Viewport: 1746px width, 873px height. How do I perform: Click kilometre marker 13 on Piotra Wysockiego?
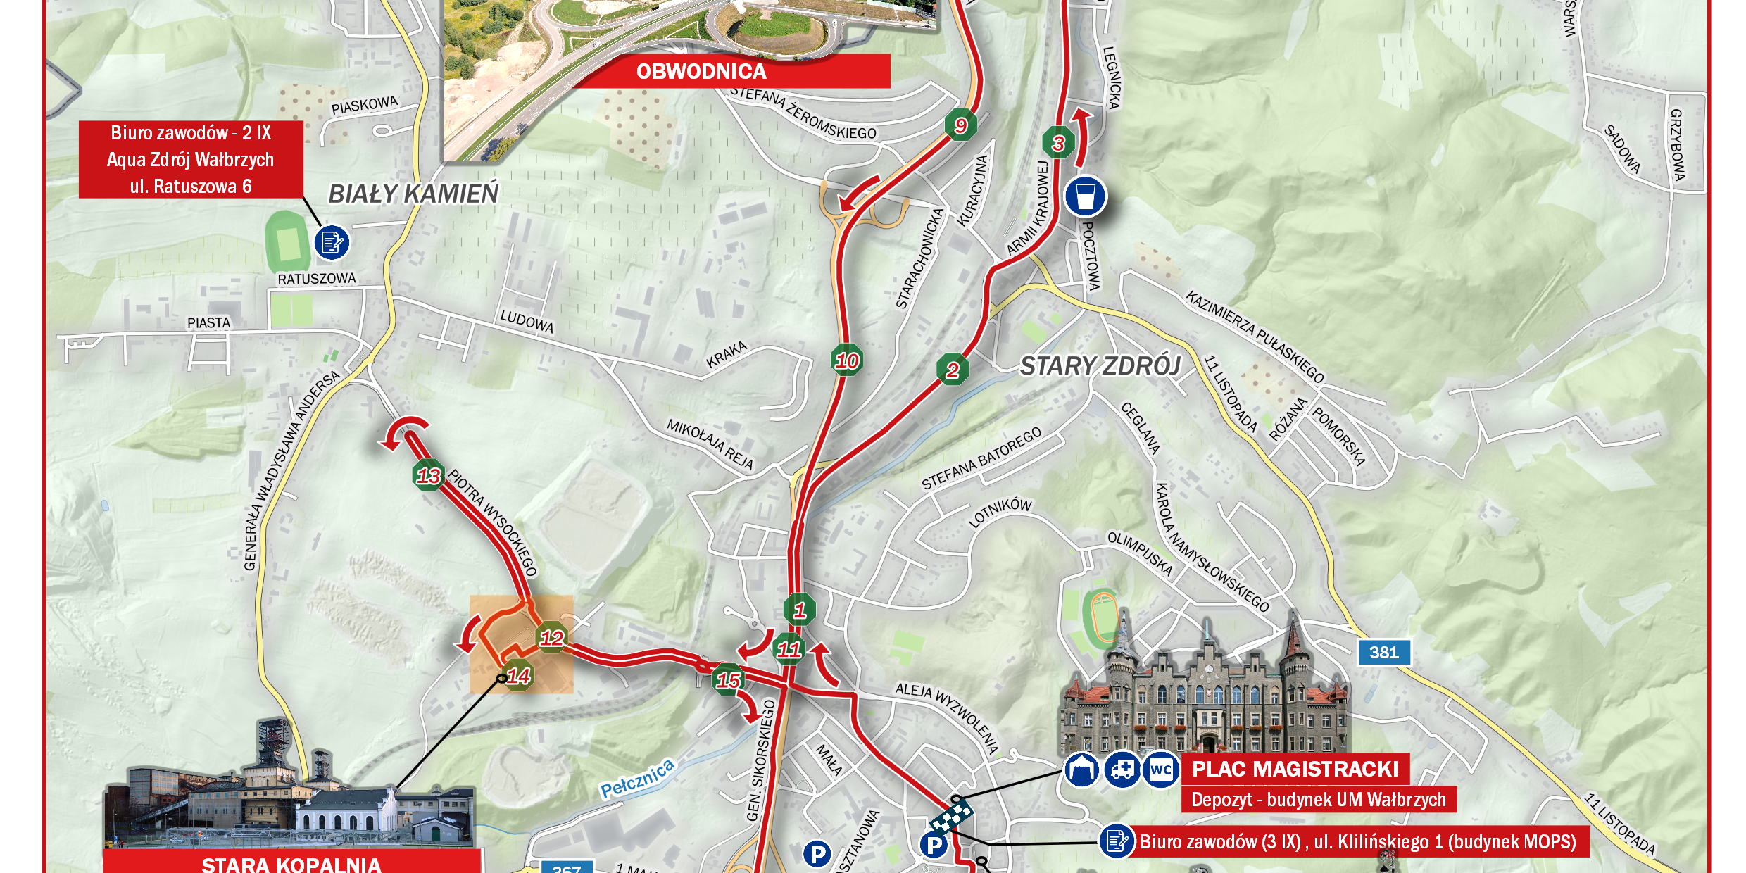[429, 476]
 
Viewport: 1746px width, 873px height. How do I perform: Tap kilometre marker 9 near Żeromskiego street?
[961, 126]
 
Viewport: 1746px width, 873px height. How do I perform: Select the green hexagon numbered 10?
[846, 361]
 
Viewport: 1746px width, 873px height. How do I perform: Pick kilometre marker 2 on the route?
[953, 370]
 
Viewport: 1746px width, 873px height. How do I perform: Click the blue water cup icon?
[1085, 196]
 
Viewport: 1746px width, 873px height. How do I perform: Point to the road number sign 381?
[1383, 653]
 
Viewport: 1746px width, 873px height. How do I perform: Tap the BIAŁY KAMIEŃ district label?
[413, 194]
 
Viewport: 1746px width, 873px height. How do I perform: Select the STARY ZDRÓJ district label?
[1100, 366]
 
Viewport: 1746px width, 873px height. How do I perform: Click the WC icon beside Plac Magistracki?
[1160, 770]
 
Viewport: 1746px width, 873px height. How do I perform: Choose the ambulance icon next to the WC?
[1122, 770]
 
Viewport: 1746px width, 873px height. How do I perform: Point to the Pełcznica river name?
[637, 779]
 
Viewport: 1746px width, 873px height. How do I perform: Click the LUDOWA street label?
[527, 322]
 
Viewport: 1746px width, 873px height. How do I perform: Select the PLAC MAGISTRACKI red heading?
[1295, 769]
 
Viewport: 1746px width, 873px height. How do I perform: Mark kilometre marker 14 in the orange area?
[518, 677]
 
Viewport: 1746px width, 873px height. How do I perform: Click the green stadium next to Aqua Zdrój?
[287, 242]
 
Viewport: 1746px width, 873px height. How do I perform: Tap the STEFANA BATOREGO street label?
[981, 458]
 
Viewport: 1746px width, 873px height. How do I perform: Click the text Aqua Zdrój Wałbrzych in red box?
[190, 160]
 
